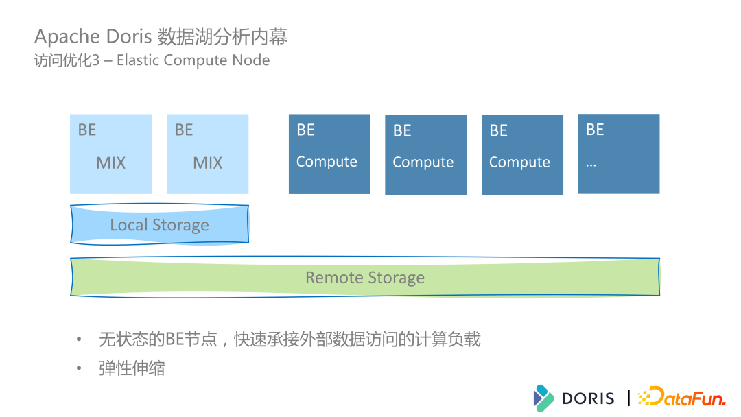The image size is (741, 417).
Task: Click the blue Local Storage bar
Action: (x=159, y=224)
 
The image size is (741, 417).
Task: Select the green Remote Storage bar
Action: (x=365, y=277)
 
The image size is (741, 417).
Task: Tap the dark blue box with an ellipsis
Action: (x=618, y=154)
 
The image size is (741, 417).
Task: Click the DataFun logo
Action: (x=681, y=397)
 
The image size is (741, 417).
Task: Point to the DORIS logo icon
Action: (x=543, y=398)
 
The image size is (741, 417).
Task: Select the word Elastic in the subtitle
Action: (x=141, y=60)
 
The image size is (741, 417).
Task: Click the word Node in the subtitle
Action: (x=250, y=60)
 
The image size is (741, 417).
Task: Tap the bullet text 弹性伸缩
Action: (x=132, y=368)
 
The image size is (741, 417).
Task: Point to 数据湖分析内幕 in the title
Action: (x=222, y=36)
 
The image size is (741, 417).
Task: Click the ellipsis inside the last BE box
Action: (x=591, y=164)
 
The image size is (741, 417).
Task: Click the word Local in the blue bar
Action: (x=129, y=225)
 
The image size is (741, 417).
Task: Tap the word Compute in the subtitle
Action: (x=200, y=60)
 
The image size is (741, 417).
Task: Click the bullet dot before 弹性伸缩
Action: (x=80, y=369)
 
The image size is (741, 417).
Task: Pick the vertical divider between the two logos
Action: (x=628, y=398)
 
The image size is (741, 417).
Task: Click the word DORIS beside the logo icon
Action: (x=588, y=398)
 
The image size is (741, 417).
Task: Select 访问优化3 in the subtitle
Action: (x=67, y=60)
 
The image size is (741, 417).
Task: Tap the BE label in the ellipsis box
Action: (x=595, y=130)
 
